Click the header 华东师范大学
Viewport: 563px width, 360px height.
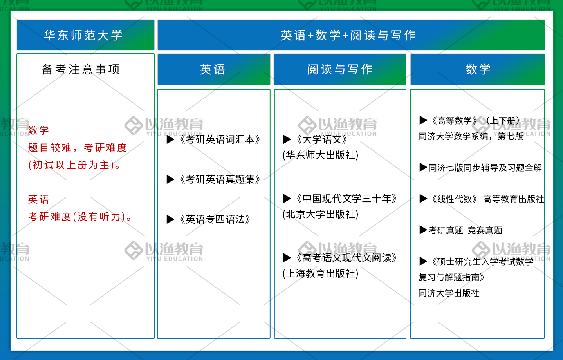tap(83, 35)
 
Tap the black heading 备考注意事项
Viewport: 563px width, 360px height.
tap(81, 69)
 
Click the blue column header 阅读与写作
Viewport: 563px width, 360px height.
tap(340, 69)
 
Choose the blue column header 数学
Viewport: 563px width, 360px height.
tap(478, 69)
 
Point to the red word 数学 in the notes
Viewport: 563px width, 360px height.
tap(38, 130)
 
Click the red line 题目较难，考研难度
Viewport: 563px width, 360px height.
tap(78, 148)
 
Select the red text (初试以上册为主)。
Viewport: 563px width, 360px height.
tap(74, 165)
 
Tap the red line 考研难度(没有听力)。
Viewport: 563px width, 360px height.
tap(80, 217)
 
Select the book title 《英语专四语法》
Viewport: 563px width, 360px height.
tap(215, 219)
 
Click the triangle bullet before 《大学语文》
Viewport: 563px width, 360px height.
tap(287, 139)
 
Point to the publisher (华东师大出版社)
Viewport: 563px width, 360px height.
tap(321, 155)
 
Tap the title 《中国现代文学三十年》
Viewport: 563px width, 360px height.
tap(346, 199)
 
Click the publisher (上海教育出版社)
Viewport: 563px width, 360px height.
tap(321, 273)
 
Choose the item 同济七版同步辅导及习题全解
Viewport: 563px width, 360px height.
tap(485, 167)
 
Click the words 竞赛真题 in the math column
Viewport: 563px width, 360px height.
tap(485, 230)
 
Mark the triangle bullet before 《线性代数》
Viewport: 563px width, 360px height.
tap(423, 199)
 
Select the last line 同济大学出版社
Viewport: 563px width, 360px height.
tap(449, 293)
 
